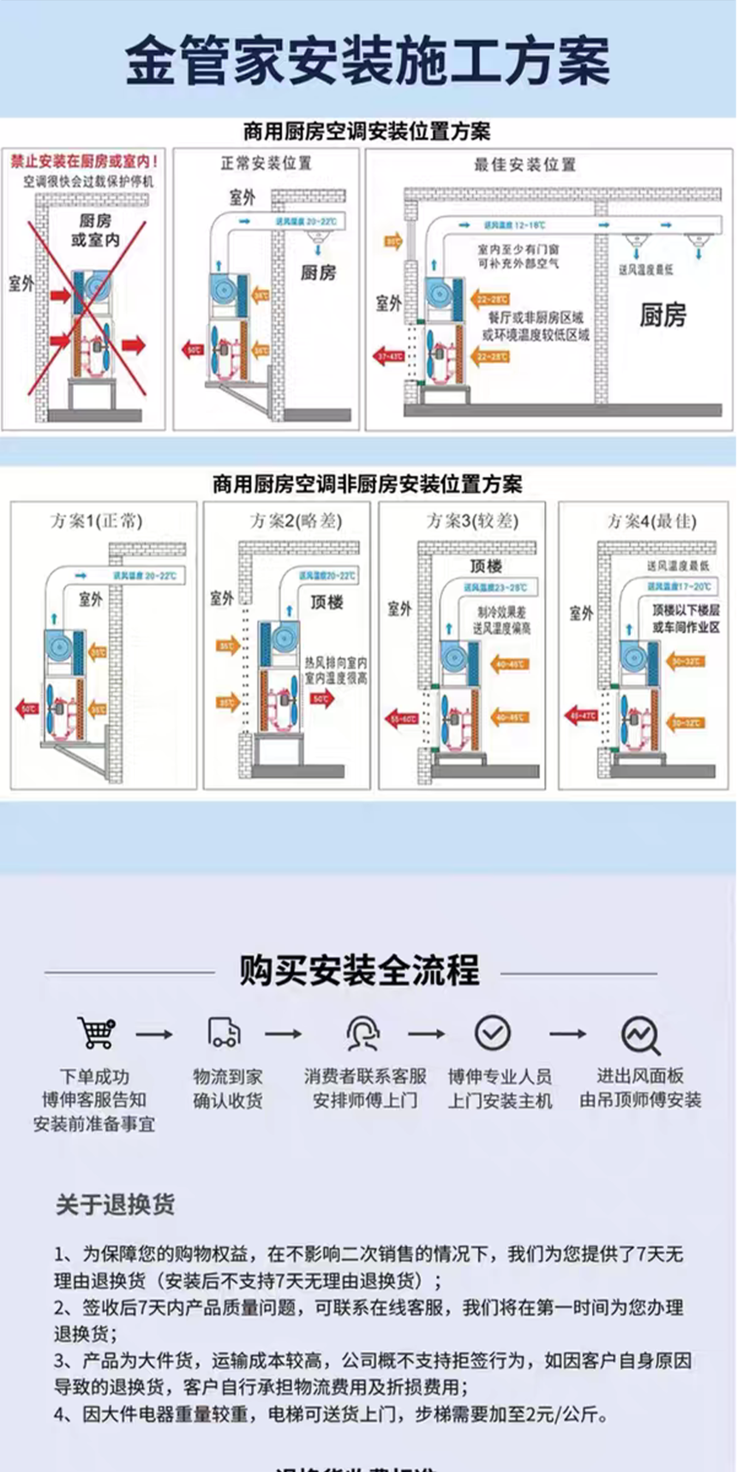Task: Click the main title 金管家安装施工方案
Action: [368, 61]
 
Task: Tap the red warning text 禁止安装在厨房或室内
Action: [84, 161]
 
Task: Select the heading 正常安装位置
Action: [266, 163]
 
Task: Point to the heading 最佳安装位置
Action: [524, 165]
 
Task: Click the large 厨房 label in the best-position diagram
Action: [662, 315]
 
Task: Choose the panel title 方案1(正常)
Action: [96, 521]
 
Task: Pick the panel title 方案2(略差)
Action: [296, 521]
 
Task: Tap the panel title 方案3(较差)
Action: [472, 521]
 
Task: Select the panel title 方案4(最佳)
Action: [651, 521]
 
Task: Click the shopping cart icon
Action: [96, 1032]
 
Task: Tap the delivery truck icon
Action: [225, 1032]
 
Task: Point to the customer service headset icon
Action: [363, 1033]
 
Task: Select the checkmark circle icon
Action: [493, 1032]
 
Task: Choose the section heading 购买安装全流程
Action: [359, 971]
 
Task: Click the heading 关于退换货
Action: [115, 1204]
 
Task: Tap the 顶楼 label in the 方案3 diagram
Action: [486, 566]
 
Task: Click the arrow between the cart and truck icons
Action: [154, 1034]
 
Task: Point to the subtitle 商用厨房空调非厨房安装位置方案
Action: [368, 484]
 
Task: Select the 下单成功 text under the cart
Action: [94, 1076]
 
